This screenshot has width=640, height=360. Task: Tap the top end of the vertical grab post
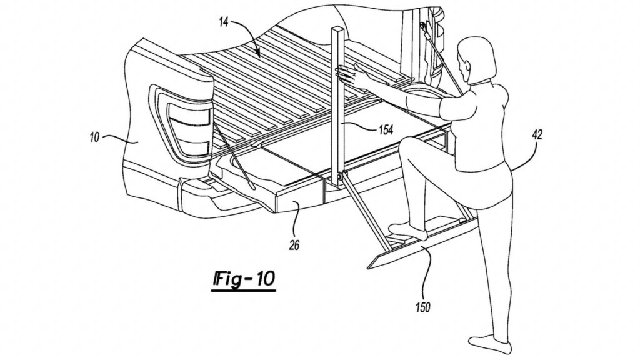click(340, 29)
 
